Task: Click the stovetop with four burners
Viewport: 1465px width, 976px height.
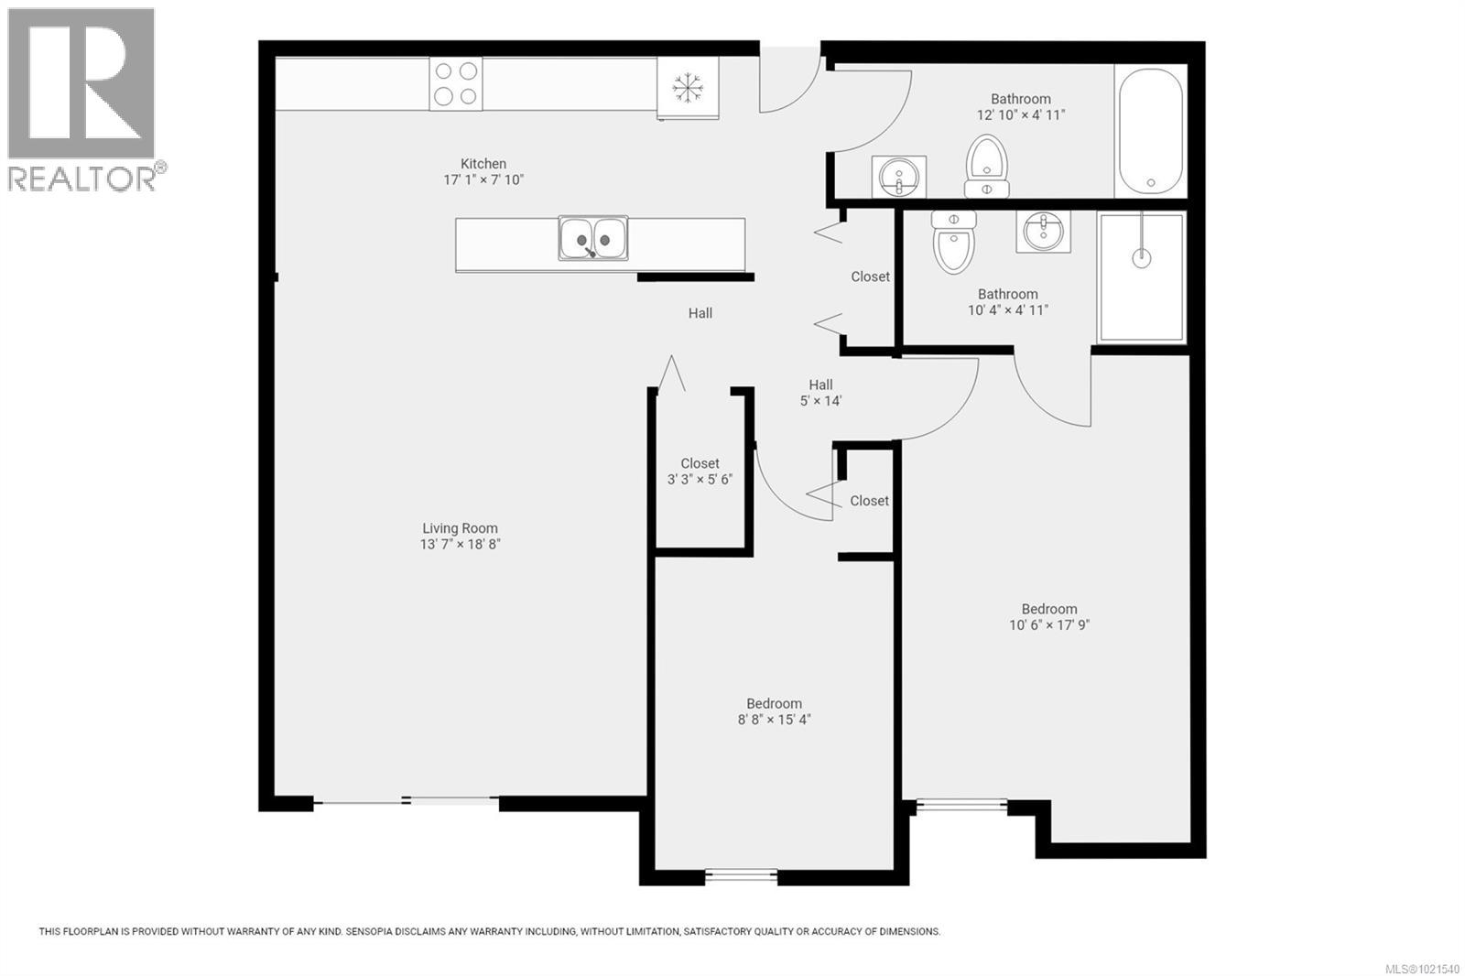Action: coord(456,83)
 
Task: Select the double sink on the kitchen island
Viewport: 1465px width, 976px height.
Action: coord(593,238)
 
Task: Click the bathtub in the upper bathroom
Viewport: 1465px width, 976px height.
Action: coord(1150,131)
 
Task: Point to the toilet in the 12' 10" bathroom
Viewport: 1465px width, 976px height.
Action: coord(986,165)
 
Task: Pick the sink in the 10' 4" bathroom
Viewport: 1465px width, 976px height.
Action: coord(1043,231)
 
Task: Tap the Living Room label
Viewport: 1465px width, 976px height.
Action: coord(460,528)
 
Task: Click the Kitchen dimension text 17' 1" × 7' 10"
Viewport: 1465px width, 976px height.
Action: coord(483,180)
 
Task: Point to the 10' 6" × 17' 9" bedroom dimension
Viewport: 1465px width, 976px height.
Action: coord(1049,625)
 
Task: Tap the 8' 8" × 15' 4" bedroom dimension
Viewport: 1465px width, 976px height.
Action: coord(774,720)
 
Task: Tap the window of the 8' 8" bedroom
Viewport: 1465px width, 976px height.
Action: coord(741,876)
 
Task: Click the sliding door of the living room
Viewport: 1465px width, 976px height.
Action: coord(407,802)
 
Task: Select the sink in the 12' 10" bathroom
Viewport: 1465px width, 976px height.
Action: coord(898,176)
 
